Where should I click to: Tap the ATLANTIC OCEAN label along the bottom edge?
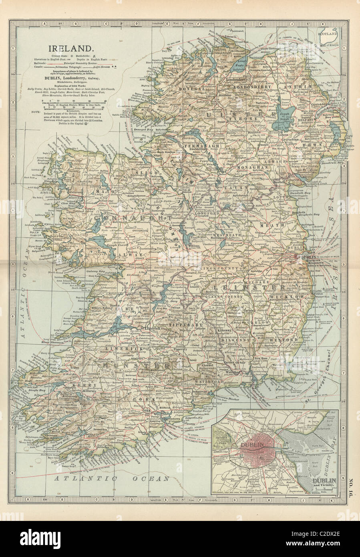click(112, 478)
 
